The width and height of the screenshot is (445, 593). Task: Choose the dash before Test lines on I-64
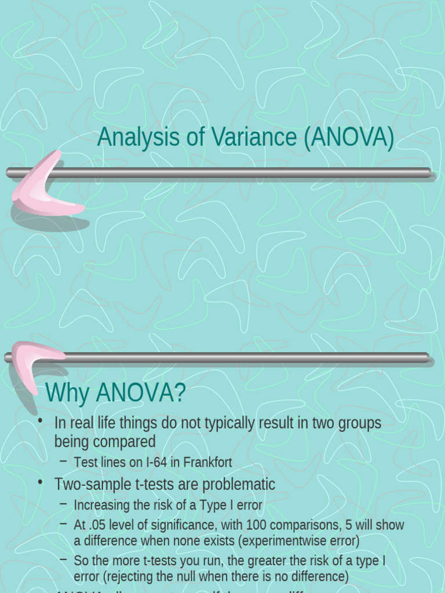coord(63,462)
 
